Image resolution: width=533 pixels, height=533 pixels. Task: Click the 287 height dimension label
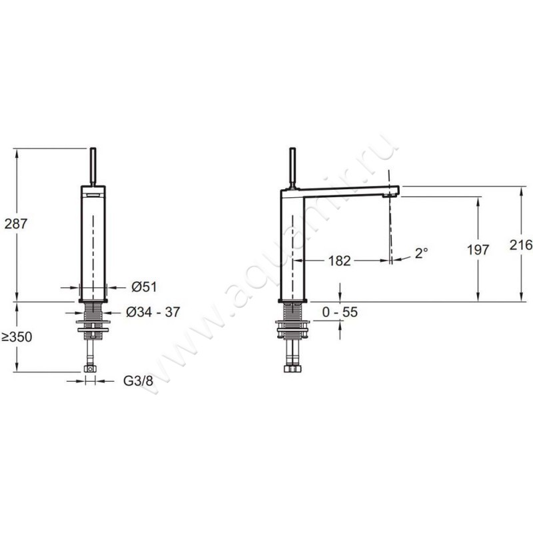(x=15, y=224)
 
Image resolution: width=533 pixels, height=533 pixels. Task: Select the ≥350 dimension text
(x=17, y=337)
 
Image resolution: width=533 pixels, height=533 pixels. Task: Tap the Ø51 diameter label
(x=145, y=287)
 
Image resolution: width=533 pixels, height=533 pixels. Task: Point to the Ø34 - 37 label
(x=153, y=312)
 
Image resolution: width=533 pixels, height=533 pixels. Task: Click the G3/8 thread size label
(x=138, y=381)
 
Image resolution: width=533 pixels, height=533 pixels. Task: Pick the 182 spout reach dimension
(x=339, y=261)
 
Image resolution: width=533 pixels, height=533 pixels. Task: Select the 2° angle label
(x=421, y=253)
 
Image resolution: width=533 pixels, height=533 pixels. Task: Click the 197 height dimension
(x=478, y=250)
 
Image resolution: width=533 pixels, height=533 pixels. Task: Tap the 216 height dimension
(x=521, y=245)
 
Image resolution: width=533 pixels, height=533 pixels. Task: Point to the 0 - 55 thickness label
(x=340, y=312)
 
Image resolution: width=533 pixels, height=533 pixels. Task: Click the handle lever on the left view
(x=93, y=167)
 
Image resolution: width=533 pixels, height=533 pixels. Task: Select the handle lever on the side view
(x=292, y=168)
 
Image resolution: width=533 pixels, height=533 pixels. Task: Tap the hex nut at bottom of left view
(x=90, y=369)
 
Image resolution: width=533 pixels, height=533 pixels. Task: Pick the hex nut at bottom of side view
(x=292, y=369)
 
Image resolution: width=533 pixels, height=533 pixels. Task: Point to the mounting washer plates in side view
(x=292, y=329)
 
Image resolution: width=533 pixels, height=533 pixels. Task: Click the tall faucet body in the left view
(x=93, y=243)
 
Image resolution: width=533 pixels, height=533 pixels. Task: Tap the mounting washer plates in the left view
(x=93, y=326)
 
